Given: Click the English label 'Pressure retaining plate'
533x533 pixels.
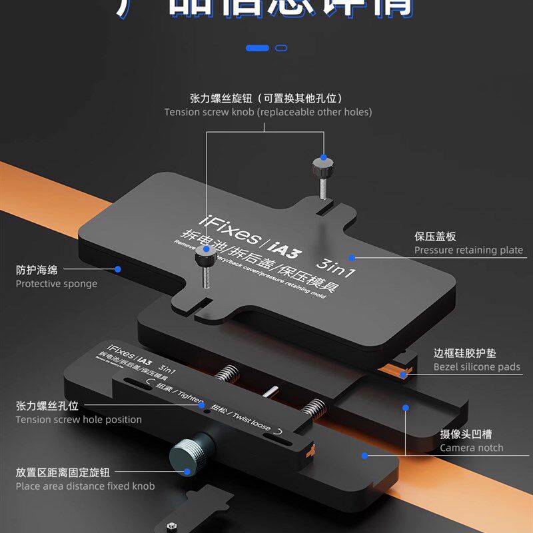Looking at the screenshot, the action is (468, 251).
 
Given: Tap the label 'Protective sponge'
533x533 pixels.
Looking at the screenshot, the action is (57, 284).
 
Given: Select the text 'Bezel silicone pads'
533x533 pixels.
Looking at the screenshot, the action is (476, 367).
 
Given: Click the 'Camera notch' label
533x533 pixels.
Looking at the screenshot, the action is (471, 448).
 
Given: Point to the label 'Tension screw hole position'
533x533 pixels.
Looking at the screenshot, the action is (79, 420).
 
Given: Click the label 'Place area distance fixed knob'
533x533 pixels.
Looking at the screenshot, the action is (85, 486).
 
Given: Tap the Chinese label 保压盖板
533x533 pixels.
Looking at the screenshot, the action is (435, 237).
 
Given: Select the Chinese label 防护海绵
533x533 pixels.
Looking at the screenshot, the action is (37, 270).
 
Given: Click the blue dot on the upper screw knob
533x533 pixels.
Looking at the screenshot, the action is (323, 158).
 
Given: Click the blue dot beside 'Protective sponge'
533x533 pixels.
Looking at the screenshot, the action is (118, 269).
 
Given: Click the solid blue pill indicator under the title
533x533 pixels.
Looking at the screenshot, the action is (257, 48).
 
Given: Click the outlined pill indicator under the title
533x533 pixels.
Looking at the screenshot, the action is (280, 48).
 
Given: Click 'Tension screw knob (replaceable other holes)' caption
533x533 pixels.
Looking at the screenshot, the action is (268, 112).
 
